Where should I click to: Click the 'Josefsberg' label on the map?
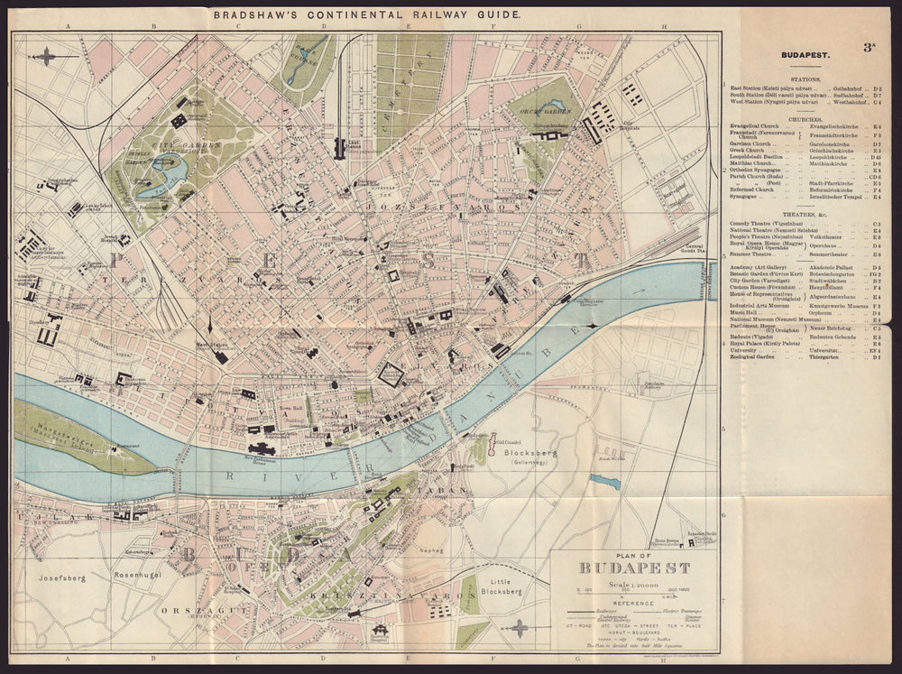61,577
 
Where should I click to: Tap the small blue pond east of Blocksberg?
605,482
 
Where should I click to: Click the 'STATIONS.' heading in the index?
805,78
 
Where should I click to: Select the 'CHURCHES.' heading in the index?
805,119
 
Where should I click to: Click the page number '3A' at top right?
869,48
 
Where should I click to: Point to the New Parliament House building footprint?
262,448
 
